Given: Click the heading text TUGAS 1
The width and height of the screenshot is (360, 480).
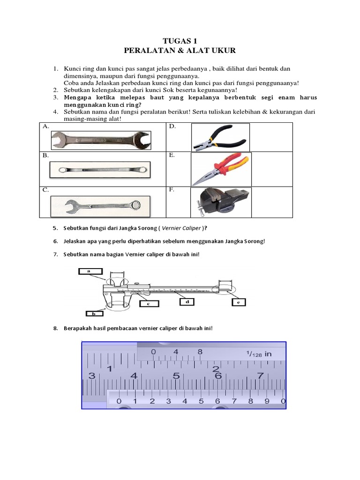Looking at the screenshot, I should (x=180, y=41).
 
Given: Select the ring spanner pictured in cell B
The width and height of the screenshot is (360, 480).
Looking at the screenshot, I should (x=100, y=168).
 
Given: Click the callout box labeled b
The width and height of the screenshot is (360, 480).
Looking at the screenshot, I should (x=94, y=313).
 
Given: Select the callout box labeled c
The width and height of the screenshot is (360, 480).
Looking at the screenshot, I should (x=148, y=304).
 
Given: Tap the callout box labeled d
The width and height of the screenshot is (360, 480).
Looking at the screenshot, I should (x=187, y=303).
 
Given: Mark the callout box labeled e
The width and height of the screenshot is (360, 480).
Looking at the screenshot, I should (x=239, y=303).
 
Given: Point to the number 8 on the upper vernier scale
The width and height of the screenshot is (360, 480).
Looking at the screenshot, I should (x=200, y=352).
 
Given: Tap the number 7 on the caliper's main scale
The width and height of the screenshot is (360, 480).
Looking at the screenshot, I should (x=260, y=375).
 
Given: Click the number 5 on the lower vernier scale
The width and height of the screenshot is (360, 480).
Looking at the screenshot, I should (x=201, y=401).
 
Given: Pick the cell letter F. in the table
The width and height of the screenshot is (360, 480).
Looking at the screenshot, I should (x=173, y=190).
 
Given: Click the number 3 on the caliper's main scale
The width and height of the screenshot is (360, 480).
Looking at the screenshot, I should (x=91, y=375).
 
